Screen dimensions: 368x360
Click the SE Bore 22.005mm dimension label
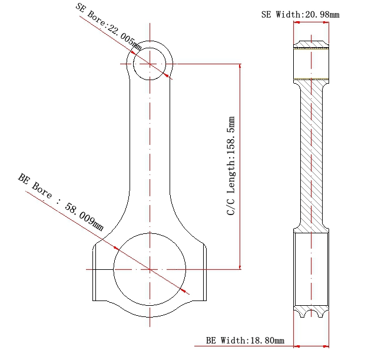[x=108, y=27]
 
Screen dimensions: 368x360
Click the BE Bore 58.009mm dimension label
[x=61, y=202]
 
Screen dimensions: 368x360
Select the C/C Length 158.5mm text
[x=231, y=166]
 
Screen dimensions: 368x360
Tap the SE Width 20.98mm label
[x=300, y=15]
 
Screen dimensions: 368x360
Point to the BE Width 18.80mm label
[x=245, y=341]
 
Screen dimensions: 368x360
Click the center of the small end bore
[x=150, y=64]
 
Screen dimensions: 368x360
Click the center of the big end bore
[x=150, y=269]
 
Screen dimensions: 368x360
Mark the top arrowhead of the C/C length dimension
[x=240, y=66]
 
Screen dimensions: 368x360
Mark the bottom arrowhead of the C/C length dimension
[x=240, y=267]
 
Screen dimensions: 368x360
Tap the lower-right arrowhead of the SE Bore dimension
[x=167, y=75]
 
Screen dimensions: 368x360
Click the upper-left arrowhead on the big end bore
[x=116, y=248]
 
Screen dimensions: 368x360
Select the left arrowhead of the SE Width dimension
[x=296, y=22]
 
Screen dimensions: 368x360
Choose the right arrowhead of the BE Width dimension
[x=326, y=346]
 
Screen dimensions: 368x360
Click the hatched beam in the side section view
[x=311, y=155]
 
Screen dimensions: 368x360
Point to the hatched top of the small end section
[x=311, y=45]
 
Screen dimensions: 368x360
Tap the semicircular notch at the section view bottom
[x=311, y=313]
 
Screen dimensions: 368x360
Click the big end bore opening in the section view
[x=311, y=269]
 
